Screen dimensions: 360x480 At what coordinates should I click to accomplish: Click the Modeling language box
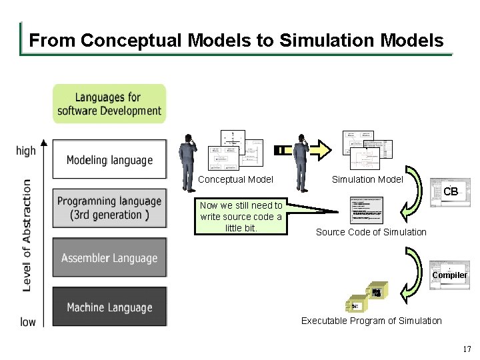(109, 159)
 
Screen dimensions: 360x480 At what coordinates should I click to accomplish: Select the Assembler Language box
(109, 258)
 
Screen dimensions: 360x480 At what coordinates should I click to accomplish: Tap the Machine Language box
(109, 307)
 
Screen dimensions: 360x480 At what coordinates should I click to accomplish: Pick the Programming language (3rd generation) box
(109, 208)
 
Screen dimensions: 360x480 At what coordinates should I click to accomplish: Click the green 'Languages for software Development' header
(109, 104)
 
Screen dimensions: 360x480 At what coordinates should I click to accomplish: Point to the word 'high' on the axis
(26, 151)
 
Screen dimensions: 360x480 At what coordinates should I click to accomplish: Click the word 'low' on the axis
(28, 322)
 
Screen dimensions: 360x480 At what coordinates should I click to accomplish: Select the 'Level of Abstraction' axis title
(27, 235)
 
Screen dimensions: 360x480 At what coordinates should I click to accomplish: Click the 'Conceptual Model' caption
(235, 179)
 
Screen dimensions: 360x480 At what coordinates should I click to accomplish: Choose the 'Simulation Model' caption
(367, 179)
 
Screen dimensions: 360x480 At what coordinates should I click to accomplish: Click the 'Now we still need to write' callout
(241, 217)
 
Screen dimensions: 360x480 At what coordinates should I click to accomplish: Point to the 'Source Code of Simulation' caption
(371, 232)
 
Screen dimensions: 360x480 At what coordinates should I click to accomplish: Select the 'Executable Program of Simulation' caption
(371, 321)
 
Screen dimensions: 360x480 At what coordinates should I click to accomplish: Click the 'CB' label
(451, 192)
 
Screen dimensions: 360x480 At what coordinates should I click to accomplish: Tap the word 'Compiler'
(449, 275)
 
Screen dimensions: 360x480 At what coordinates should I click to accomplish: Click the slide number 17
(467, 349)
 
